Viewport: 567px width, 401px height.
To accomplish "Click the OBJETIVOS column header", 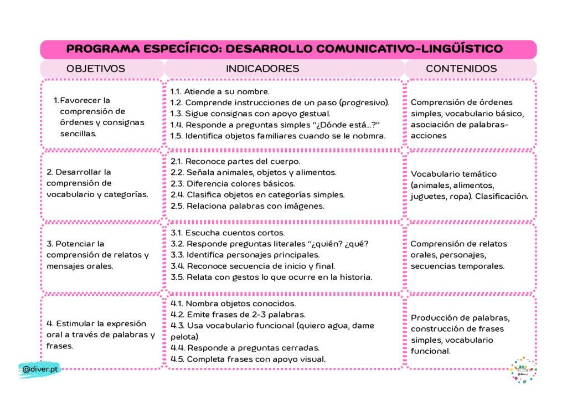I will click(96, 69).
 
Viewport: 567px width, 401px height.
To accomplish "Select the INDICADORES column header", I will click(262, 69).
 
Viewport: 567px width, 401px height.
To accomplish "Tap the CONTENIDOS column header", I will click(461, 69).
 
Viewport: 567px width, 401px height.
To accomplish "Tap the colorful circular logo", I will click(523, 370).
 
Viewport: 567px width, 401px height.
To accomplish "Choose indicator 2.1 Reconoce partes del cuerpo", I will click(235, 161).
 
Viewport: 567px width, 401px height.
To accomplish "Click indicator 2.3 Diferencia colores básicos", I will click(233, 183).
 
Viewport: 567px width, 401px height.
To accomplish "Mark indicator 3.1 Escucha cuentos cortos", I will click(228, 233).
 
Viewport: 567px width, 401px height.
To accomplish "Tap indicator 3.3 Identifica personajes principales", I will click(245, 255).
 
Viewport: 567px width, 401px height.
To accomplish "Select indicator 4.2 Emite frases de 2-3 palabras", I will click(238, 315).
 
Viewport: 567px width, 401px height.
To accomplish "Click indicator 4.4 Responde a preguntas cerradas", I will click(245, 348).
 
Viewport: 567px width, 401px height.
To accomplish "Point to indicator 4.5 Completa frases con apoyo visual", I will click(248, 359).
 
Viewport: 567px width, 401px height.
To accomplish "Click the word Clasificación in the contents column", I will click(500, 196).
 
